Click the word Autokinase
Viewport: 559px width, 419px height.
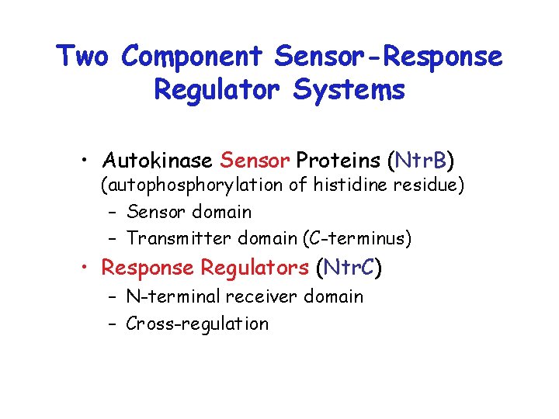coord(158,161)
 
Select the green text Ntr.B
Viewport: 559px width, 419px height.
coord(420,161)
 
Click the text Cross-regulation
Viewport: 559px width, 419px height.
coord(196,324)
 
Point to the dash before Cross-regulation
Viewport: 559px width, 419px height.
coord(113,324)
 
